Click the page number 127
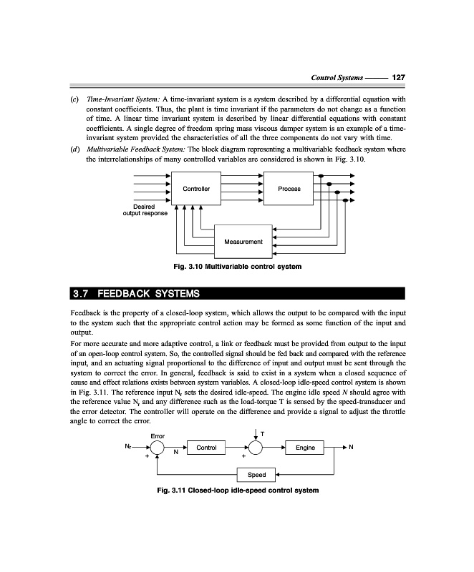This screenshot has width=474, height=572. pyautogui.click(x=400, y=77)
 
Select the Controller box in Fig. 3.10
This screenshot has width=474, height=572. pyautogui.click(x=196, y=189)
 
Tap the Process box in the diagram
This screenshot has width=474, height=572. pyautogui.click(x=289, y=189)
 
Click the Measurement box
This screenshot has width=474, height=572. pyautogui.click(x=243, y=242)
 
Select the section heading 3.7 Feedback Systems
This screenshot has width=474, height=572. pyautogui.click(x=136, y=294)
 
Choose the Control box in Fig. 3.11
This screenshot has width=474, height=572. pyautogui.click(x=206, y=448)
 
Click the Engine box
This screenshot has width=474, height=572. pyautogui.click(x=305, y=448)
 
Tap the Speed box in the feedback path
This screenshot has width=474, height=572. pyautogui.click(x=256, y=475)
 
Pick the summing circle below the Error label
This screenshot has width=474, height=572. pyautogui.click(x=158, y=448)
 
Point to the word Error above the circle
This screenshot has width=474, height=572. pyautogui.click(x=158, y=435)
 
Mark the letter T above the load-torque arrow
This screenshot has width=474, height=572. pyautogui.click(x=263, y=433)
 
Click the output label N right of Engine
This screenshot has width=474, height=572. pyautogui.click(x=351, y=448)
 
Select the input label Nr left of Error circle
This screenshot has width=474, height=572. pyautogui.click(x=127, y=448)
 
